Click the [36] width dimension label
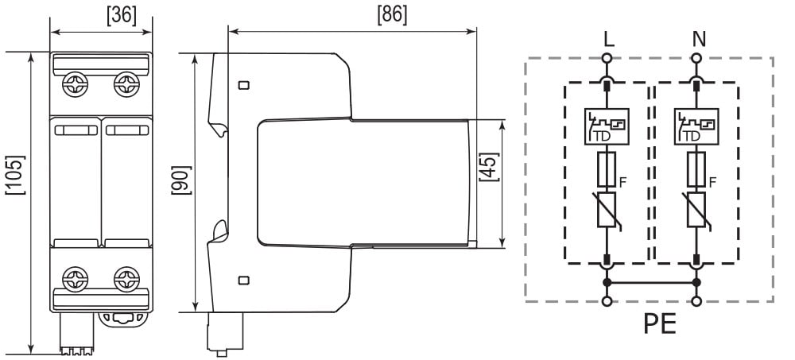[x=121, y=14]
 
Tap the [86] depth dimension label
[x=391, y=14]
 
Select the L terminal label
[x=608, y=38]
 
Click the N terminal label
[x=697, y=38]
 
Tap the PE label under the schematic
[x=659, y=326]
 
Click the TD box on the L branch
[x=607, y=126]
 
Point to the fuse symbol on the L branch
[x=607, y=169]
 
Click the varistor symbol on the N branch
[x=696, y=211]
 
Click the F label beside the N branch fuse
[x=713, y=182]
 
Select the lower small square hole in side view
[x=243, y=280]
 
